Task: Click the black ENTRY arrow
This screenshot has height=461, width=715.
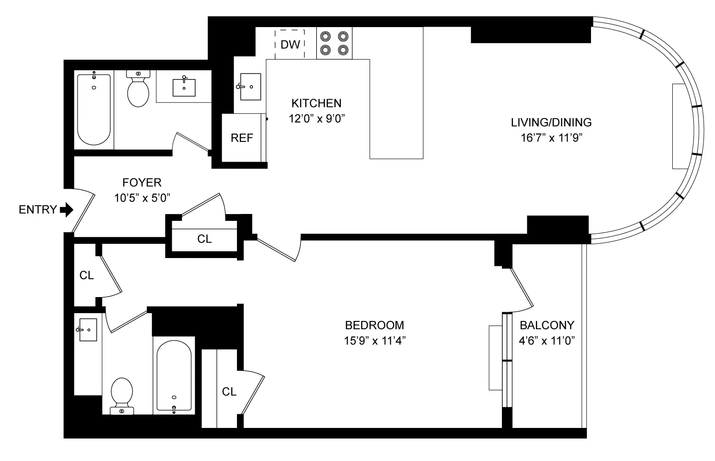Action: pos(67,210)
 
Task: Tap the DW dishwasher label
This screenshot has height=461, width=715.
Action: pos(290,45)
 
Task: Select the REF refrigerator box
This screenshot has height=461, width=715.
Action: pos(242,138)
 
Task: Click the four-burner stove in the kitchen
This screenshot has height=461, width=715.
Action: pos(334,43)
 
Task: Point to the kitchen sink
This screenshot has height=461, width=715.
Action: pos(250,86)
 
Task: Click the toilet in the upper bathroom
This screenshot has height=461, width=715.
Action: pos(138,88)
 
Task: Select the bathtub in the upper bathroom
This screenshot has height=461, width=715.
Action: pos(94,109)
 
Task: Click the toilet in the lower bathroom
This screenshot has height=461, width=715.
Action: pos(122,395)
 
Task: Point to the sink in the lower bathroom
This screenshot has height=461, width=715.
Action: pos(88,330)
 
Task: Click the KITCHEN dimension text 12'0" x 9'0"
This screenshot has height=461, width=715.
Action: pos(316,118)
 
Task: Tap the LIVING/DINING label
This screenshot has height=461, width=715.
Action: pos(551,123)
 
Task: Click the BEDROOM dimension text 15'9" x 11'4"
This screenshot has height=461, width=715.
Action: pos(375,341)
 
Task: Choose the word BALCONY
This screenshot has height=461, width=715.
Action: pos(546,325)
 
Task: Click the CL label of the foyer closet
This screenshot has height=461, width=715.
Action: pos(204,239)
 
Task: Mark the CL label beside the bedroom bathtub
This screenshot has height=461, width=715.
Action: pos(229,392)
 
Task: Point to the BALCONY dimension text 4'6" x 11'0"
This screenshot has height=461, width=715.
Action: pos(547,341)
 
